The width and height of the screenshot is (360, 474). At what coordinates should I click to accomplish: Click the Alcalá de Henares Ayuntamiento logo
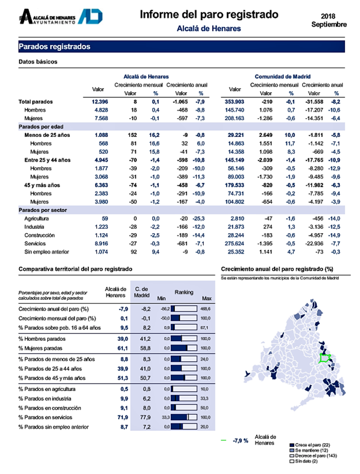(x=61, y=17)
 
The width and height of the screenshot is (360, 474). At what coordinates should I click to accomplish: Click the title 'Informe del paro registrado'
(x=209, y=14)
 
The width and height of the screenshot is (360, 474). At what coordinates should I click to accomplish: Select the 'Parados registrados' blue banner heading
(x=55, y=47)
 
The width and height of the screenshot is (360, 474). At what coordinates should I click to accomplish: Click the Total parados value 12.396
(x=98, y=102)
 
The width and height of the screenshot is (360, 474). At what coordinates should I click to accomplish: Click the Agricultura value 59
(x=104, y=219)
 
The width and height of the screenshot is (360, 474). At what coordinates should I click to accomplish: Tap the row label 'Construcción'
(x=40, y=235)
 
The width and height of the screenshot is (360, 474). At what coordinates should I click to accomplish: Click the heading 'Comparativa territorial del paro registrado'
(x=75, y=269)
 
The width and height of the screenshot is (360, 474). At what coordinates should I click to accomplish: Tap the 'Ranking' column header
(x=184, y=292)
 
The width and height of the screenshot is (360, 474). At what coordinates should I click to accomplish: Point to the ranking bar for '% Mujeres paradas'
(x=184, y=348)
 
